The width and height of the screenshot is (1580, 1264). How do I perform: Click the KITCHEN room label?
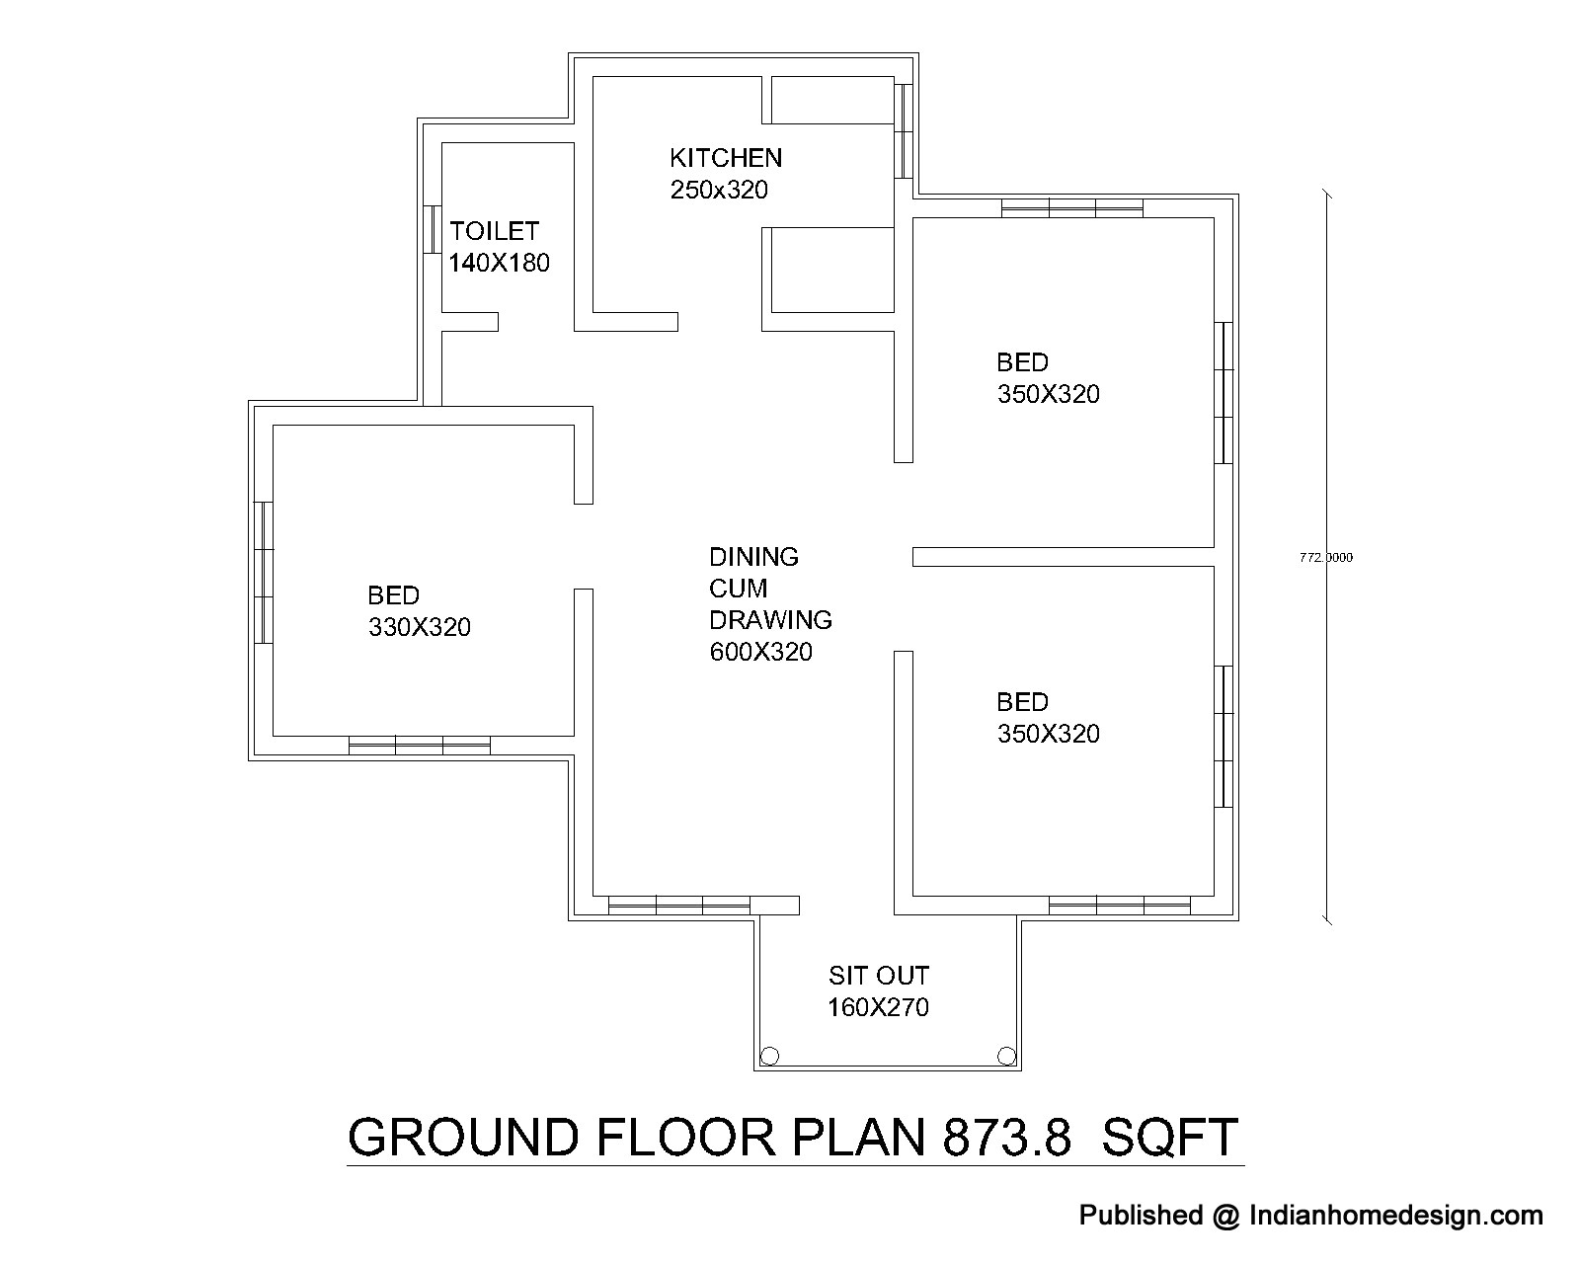tap(726, 158)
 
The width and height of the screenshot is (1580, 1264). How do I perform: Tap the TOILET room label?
tap(494, 231)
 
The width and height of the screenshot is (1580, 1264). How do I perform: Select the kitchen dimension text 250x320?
tap(719, 190)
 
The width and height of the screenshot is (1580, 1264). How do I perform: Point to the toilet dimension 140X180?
tap(499, 263)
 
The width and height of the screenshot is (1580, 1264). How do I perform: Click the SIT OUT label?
tap(879, 976)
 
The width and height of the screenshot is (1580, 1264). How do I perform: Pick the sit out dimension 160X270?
tap(878, 1007)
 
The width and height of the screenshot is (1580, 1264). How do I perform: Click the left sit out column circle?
tap(769, 1057)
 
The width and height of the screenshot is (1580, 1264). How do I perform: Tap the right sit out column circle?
tap(1006, 1057)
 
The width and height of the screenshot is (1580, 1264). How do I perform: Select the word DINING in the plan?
tap(754, 557)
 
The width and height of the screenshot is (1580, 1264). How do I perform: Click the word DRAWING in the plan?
tap(771, 620)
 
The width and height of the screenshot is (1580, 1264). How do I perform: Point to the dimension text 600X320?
tap(760, 652)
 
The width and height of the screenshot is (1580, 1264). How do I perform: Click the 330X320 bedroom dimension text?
tap(420, 626)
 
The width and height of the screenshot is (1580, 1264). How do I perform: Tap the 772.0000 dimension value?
tap(1326, 558)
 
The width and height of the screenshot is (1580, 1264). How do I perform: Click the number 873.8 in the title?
tap(1006, 1138)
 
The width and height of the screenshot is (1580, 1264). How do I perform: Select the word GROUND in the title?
tap(463, 1138)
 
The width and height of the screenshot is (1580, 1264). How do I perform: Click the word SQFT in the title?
tap(1170, 1138)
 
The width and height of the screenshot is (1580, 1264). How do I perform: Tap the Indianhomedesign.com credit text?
tap(1395, 1216)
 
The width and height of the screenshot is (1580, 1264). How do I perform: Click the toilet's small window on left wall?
tap(434, 230)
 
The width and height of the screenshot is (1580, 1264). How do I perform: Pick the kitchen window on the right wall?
tap(903, 131)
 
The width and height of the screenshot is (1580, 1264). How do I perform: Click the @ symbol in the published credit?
tap(1226, 1216)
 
